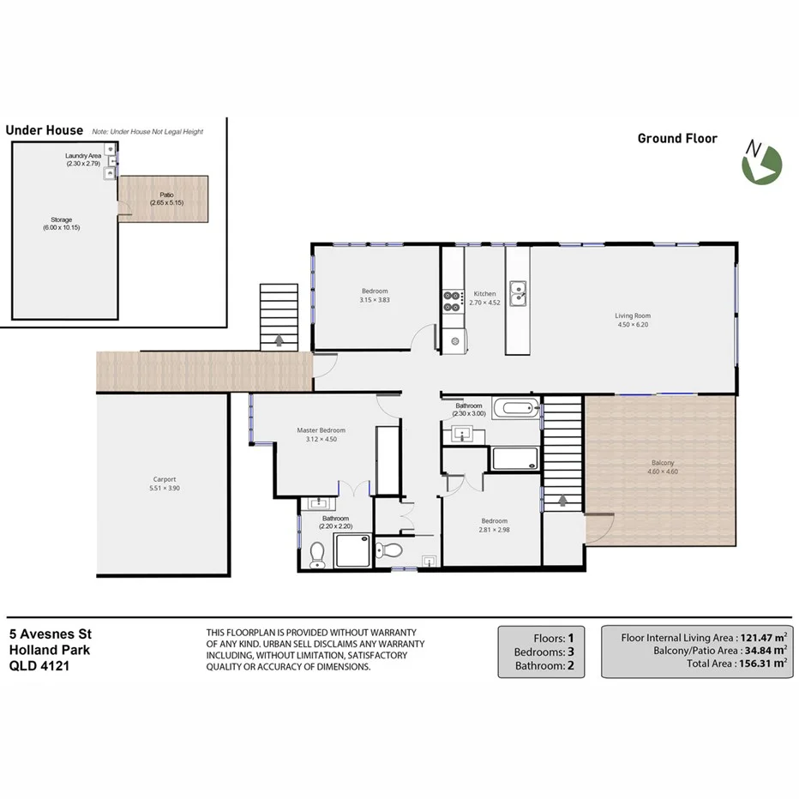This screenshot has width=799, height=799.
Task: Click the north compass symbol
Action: pyautogui.click(x=761, y=163)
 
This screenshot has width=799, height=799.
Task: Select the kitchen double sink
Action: pyautogui.click(x=517, y=294)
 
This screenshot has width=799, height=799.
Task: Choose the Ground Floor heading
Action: pyautogui.click(x=677, y=138)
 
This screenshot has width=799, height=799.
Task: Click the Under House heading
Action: pyautogui.click(x=45, y=130)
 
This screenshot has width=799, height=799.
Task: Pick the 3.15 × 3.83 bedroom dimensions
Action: pyautogui.click(x=375, y=300)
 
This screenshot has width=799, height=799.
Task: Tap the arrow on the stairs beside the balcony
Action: pyautogui.click(x=563, y=499)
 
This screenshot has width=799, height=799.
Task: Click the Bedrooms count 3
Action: pyautogui.click(x=570, y=652)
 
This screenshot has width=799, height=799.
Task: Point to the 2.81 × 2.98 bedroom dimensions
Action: pyautogui.click(x=495, y=530)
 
